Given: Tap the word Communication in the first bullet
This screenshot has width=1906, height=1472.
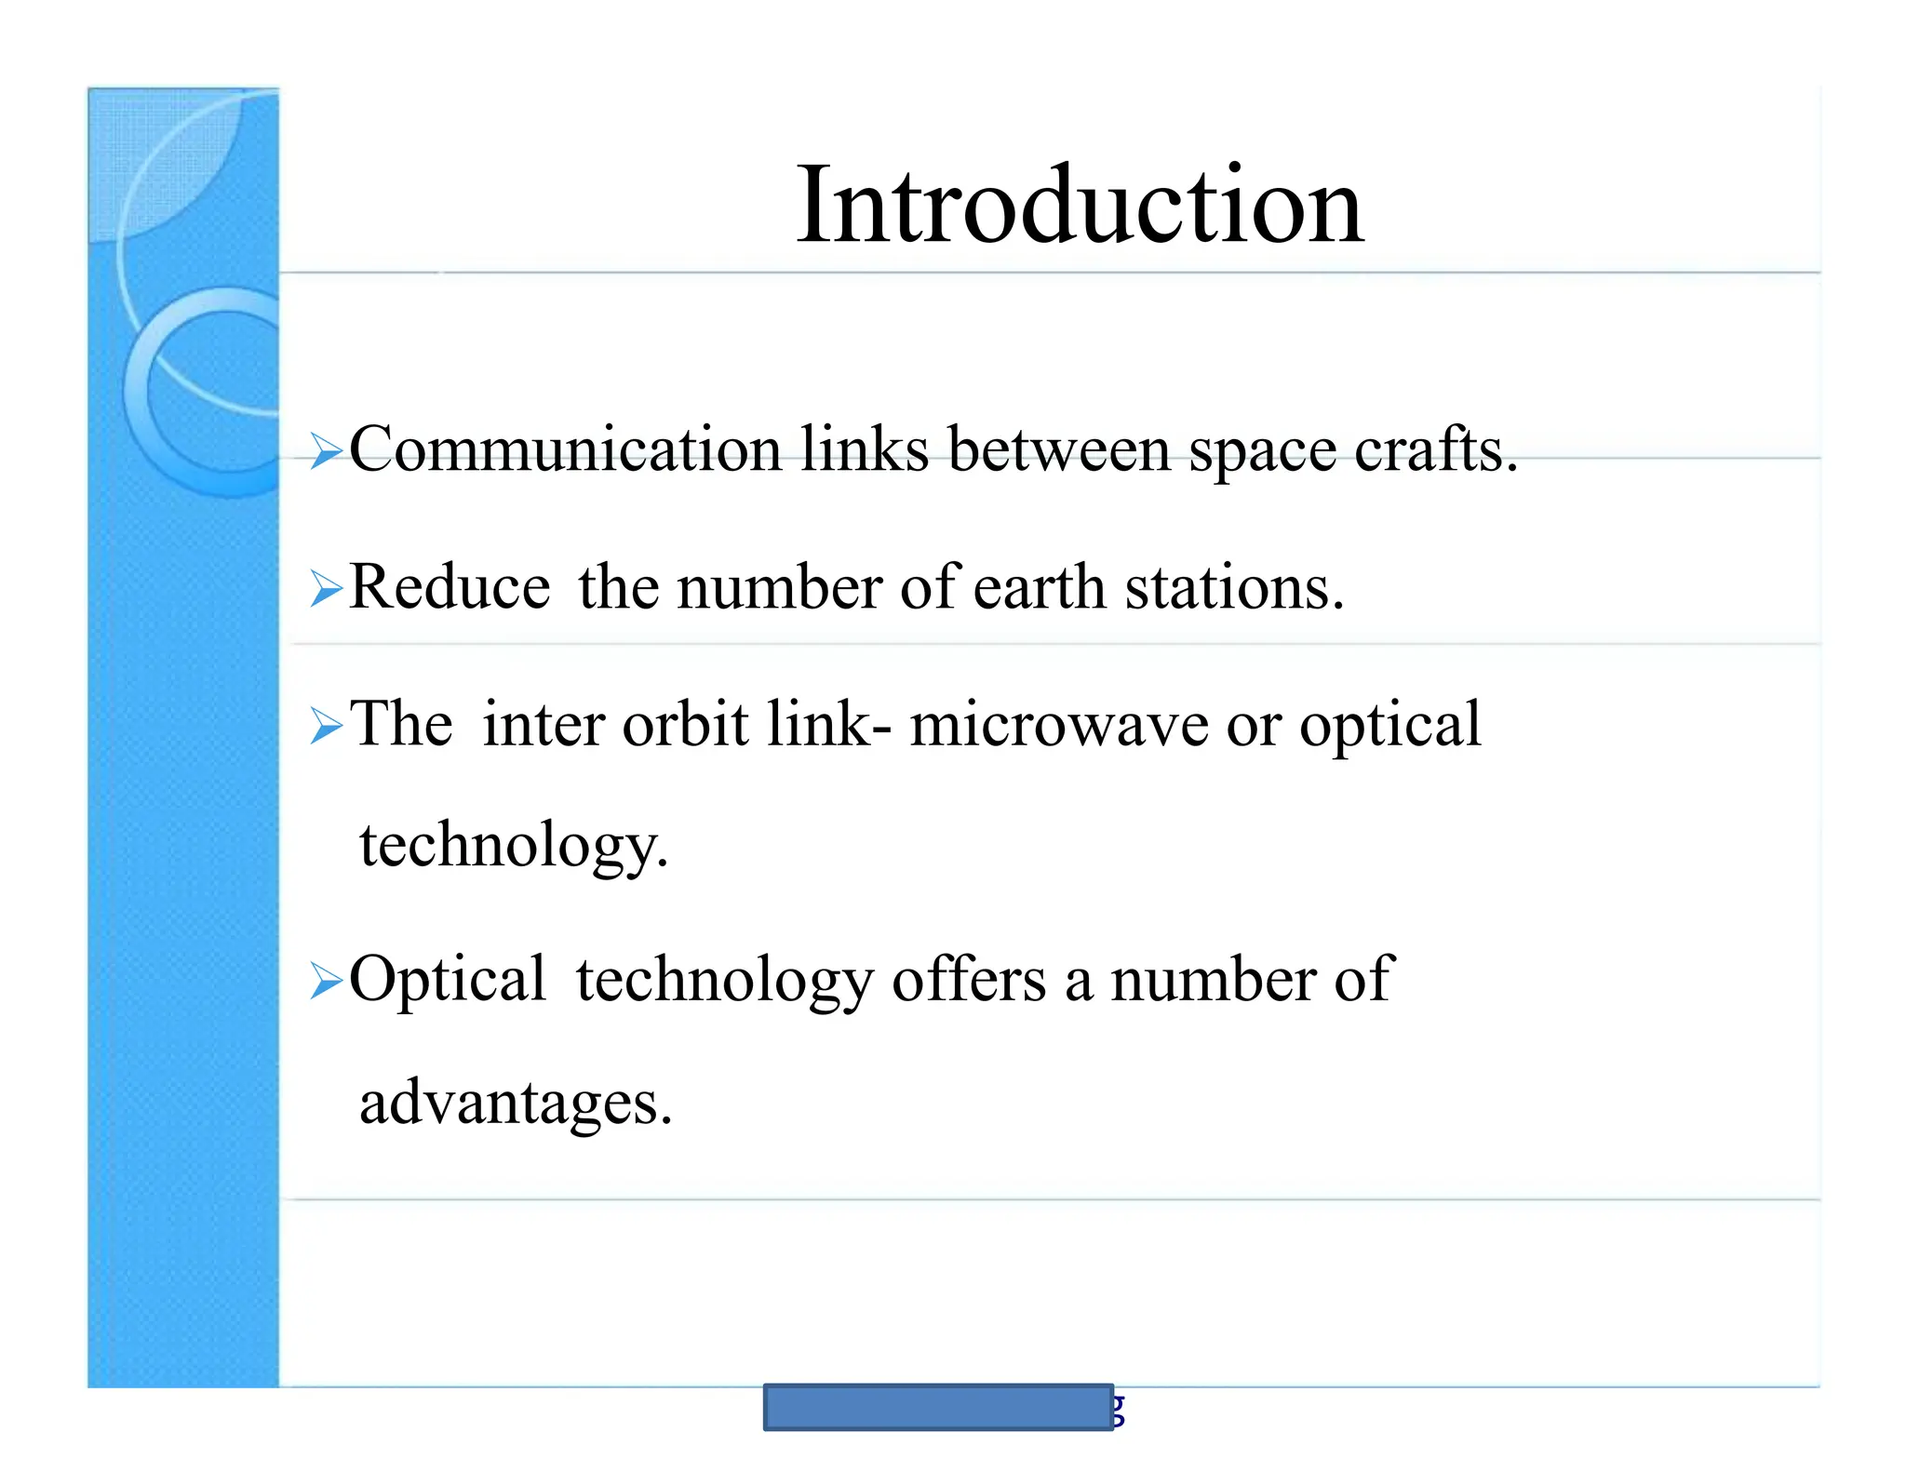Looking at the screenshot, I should coord(565,449).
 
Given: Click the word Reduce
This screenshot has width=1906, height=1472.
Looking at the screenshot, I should coord(450,587).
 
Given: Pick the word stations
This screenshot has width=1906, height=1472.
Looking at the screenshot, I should coord(1234,587).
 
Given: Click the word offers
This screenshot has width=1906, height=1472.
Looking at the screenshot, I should coord(969,980).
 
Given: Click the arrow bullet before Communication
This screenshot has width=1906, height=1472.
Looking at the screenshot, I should coord(326,451).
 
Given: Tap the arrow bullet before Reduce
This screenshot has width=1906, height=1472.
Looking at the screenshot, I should coord(326,589).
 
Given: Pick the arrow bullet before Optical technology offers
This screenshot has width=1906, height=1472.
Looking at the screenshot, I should coord(326,981).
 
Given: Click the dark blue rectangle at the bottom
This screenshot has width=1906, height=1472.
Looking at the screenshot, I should coord(938,1406).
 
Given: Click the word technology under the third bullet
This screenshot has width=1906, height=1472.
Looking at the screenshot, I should coord(513,846).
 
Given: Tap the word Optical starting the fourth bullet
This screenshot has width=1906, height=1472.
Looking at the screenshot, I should coord(447,980).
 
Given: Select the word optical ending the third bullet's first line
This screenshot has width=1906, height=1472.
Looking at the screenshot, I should coord(1389,725).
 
